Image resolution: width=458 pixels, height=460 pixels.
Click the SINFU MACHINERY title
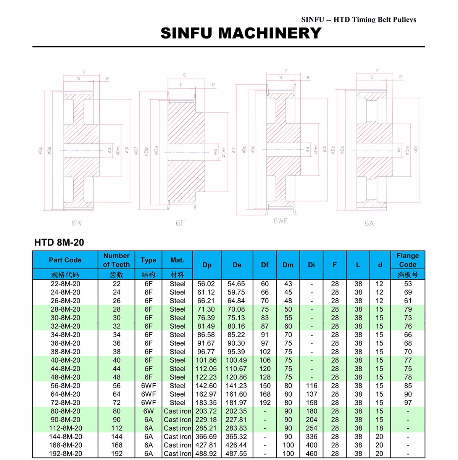(241, 33)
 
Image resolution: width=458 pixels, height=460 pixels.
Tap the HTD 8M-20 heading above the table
(59, 243)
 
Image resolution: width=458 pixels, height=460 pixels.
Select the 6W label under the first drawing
(76, 223)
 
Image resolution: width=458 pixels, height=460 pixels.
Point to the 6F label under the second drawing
(180, 223)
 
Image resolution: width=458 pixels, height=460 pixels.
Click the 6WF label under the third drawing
(281, 221)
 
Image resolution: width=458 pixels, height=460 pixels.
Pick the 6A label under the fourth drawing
(369, 224)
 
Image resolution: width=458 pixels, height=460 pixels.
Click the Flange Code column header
(408, 260)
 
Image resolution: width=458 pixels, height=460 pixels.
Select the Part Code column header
(65, 260)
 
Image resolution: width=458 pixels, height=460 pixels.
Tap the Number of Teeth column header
(116, 260)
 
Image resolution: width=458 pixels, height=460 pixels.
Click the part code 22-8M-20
(65, 284)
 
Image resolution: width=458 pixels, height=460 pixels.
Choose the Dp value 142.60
(206, 386)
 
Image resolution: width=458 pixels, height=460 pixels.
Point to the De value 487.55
(236, 454)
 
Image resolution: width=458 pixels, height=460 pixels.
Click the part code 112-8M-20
(65, 428)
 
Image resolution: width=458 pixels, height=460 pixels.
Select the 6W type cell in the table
(148, 411)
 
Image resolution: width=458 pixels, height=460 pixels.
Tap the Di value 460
(311, 454)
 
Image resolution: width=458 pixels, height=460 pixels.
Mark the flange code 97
(408, 403)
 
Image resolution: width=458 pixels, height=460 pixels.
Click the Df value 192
(265, 403)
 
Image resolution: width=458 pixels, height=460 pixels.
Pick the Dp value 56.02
(206, 284)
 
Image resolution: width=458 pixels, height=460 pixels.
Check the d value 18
(379, 428)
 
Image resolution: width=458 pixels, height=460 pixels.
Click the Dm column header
(288, 265)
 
